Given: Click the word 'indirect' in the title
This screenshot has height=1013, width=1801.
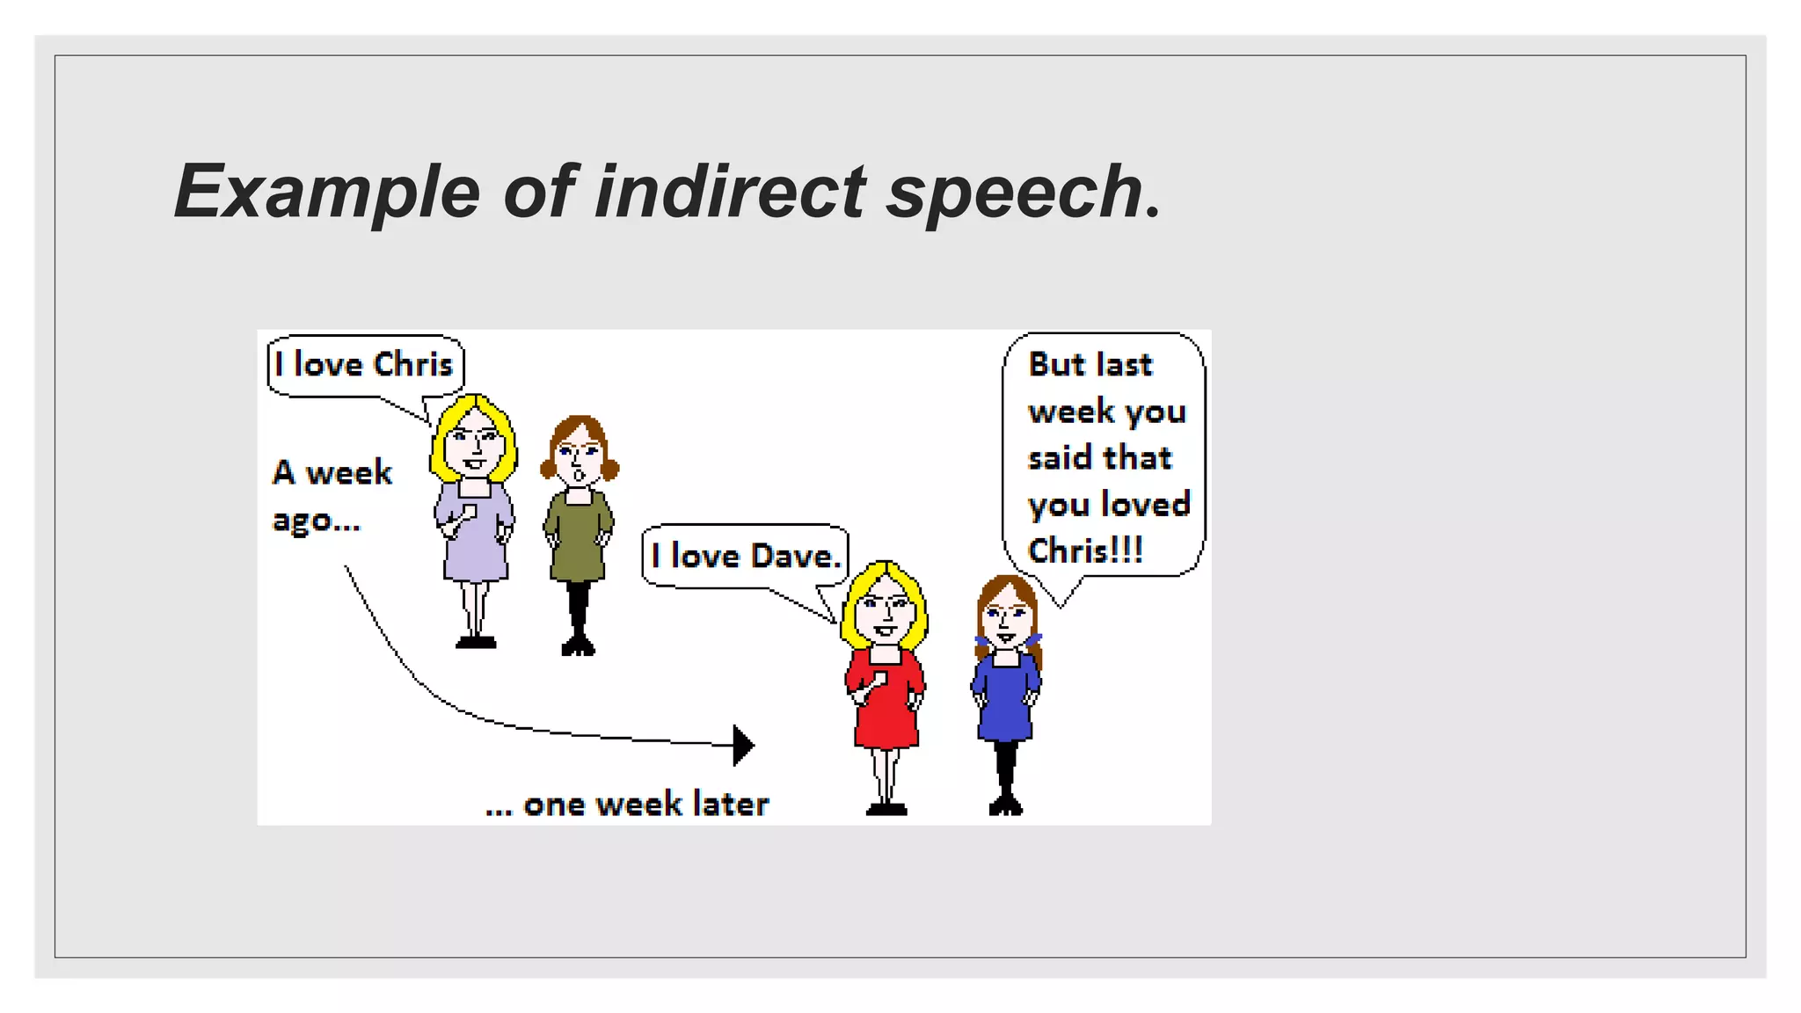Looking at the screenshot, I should pos(730,191).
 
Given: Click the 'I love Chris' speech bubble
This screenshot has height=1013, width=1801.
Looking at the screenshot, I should pos(364,365).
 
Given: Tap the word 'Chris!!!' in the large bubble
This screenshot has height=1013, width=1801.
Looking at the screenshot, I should pos(1085,551).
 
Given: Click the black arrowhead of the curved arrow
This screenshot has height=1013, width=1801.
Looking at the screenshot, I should pos(742,745).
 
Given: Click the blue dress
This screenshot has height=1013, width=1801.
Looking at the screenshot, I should pos(1005,699).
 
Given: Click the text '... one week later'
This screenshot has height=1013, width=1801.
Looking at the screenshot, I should pos(627,804).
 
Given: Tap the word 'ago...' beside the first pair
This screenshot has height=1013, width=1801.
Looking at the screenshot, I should pos(316,520).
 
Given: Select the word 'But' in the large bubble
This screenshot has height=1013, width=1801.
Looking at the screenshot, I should pos(1056,364).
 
